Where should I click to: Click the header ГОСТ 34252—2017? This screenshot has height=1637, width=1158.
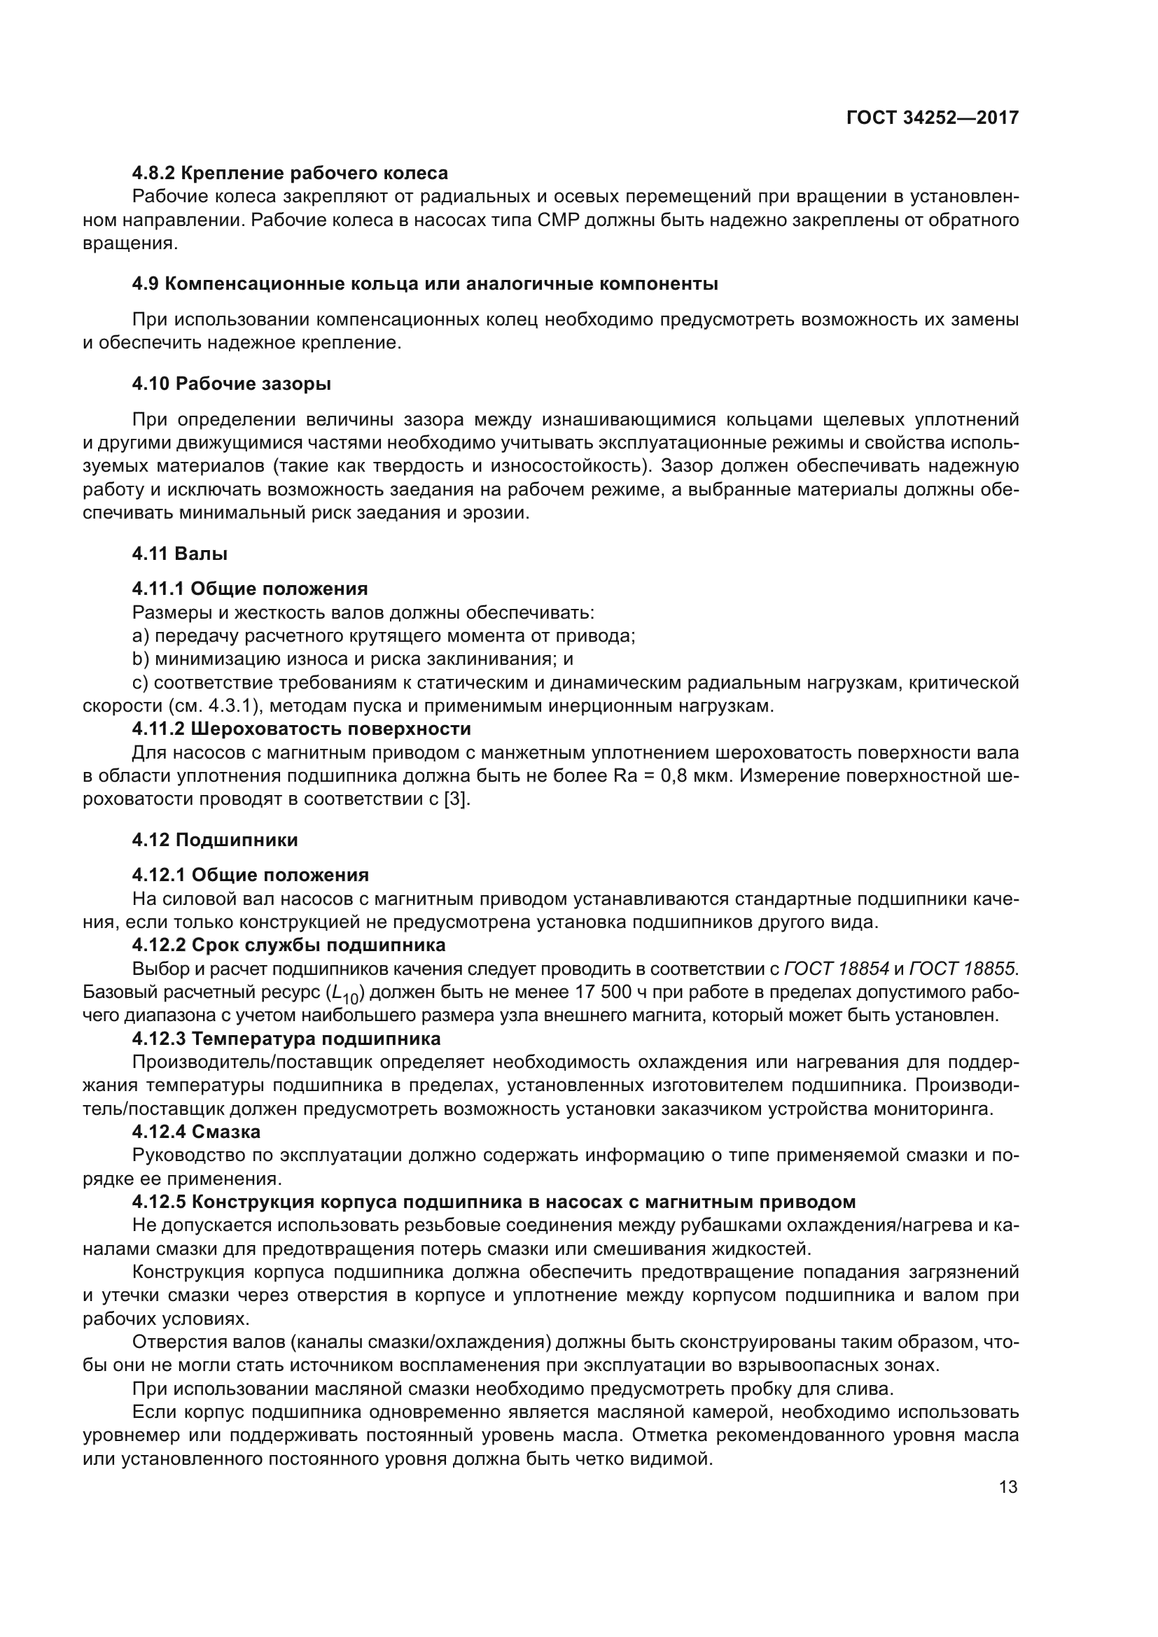coord(932,118)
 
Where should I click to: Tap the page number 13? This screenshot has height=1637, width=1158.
coord(1008,1487)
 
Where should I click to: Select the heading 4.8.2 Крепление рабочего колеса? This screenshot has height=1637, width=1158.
coord(290,173)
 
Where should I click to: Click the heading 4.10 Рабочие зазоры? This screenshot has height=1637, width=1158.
coord(231,384)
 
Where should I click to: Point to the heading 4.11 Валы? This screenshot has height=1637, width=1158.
coord(180,554)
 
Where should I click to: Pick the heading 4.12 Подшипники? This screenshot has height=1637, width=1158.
coord(215,840)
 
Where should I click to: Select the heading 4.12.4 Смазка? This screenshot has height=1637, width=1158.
coord(196,1132)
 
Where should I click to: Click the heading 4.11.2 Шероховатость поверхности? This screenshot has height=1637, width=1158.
coord(301,729)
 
